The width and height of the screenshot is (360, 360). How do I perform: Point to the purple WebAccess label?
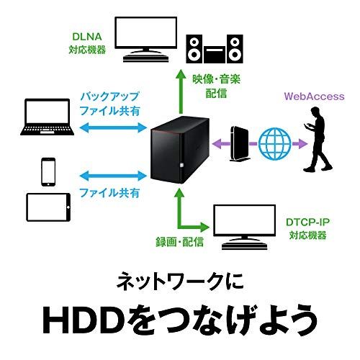(314, 95)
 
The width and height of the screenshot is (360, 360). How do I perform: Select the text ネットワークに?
(179, 281)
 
